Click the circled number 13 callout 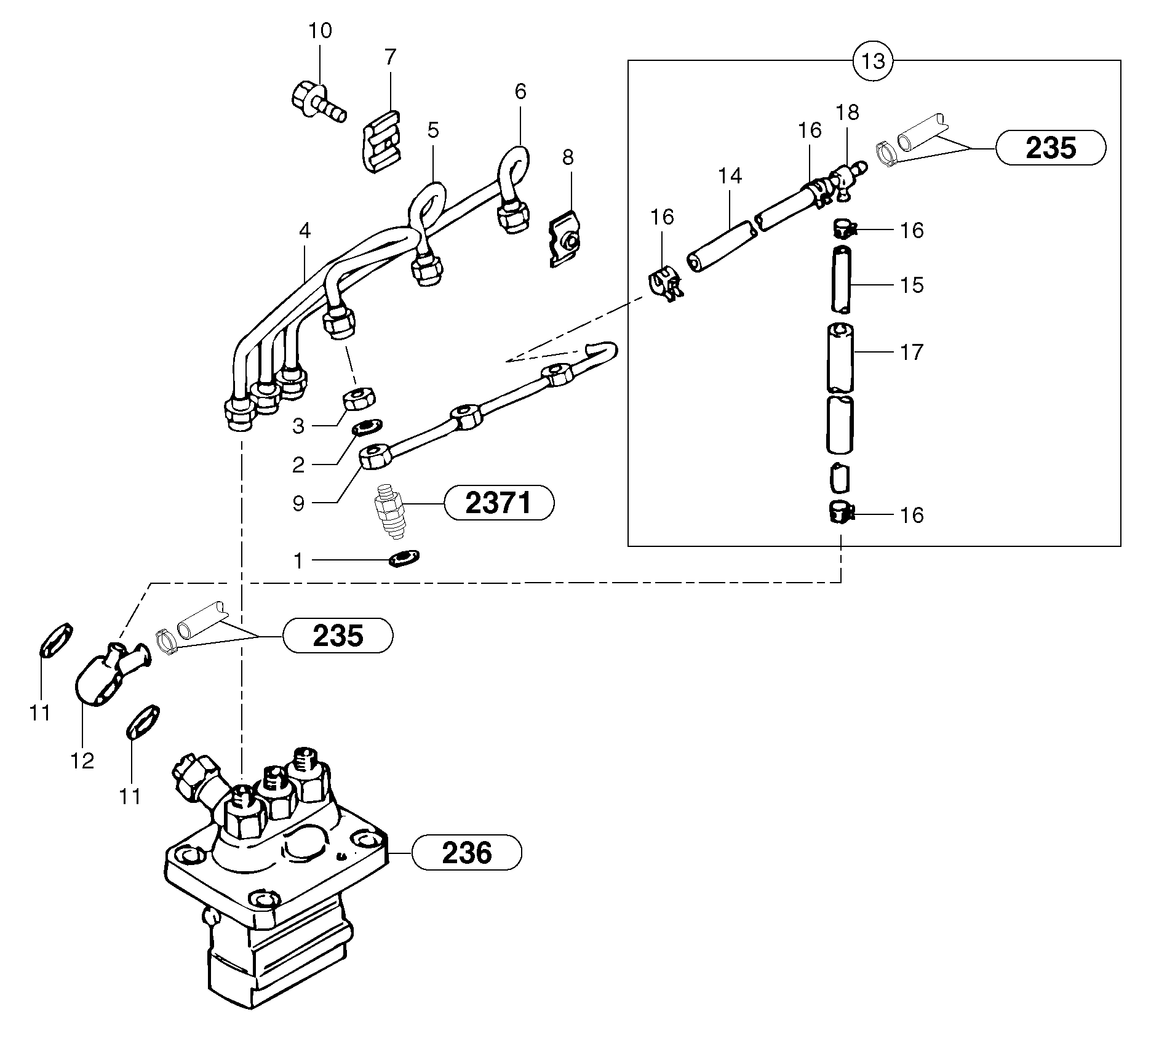[873, 61]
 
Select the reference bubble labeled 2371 [498, 503]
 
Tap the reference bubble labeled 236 [466, 852]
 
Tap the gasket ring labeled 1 [404, 559]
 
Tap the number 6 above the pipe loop [520, 92]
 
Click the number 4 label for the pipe [305, 231]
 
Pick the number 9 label [298, 503]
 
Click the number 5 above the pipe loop [433, 130]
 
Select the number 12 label [82, 761]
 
